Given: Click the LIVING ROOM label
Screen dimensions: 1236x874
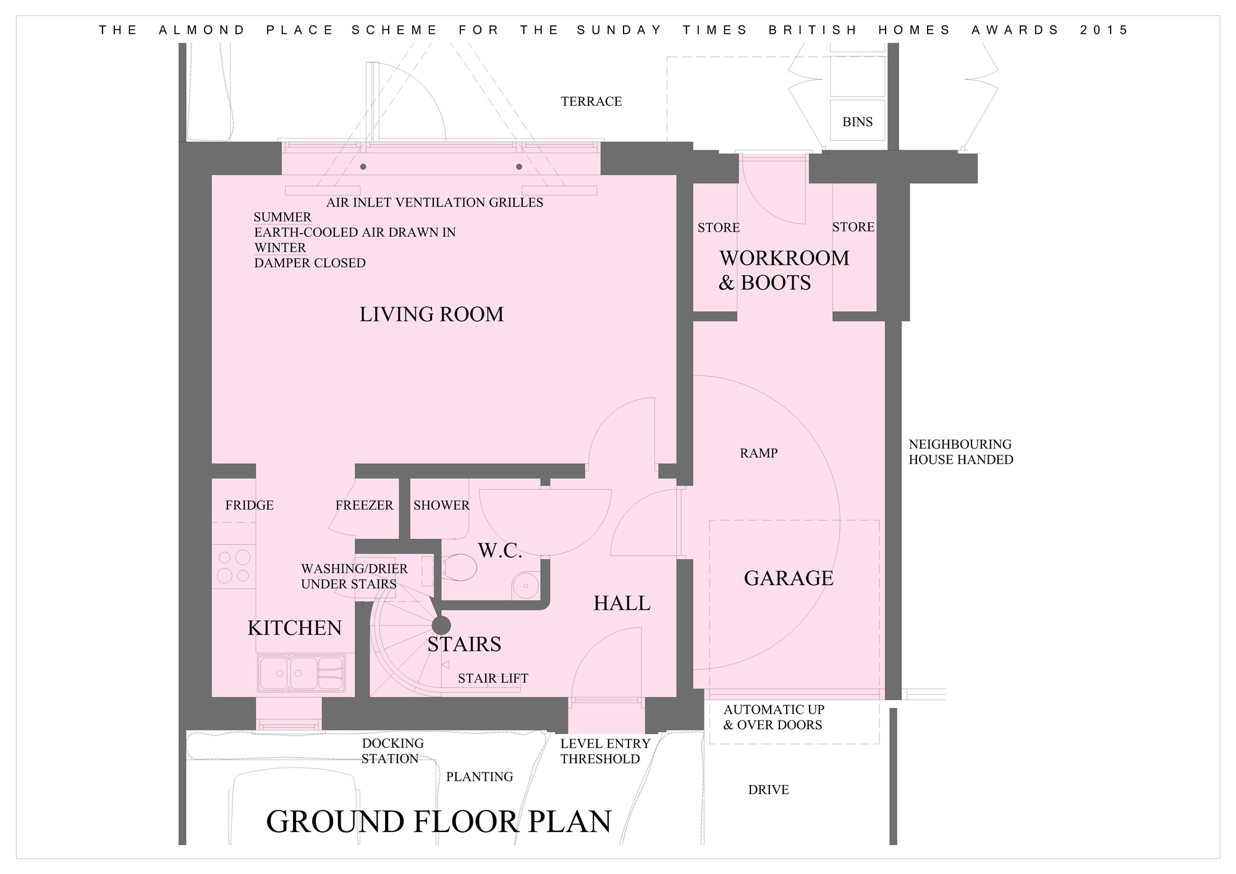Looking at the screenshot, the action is [x=431, y=314].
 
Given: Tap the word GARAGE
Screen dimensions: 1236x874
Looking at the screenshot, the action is [x=789, y=578].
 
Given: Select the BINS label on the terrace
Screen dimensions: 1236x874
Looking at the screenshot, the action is [x=858, y=122].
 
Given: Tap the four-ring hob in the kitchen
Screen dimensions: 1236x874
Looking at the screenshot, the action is [x=234, y=566].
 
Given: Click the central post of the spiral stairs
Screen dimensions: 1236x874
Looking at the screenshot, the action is [x=442, y=625].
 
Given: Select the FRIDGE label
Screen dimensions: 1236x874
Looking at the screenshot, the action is [x=249, y=505].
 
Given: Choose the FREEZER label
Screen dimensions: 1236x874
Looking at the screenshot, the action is [x=364, y=505].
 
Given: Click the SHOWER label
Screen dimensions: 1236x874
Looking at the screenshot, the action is [x=441, y=505].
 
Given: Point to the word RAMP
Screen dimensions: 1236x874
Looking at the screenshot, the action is [x=759, y=453].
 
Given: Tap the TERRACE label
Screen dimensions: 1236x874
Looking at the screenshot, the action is [x=591, y=101].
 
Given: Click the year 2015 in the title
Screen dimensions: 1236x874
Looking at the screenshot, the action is [x=1104, y=30].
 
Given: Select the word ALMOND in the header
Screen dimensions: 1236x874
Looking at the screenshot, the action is [x=203, y=30].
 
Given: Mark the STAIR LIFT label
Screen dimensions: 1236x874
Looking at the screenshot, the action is [x=493, y=679].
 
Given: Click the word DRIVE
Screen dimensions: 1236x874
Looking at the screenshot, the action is [x=768, y=790].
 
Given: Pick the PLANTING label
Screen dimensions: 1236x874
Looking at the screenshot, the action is [x=480, y=777].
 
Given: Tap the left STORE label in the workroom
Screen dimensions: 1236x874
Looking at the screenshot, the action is [x=719, y=228].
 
